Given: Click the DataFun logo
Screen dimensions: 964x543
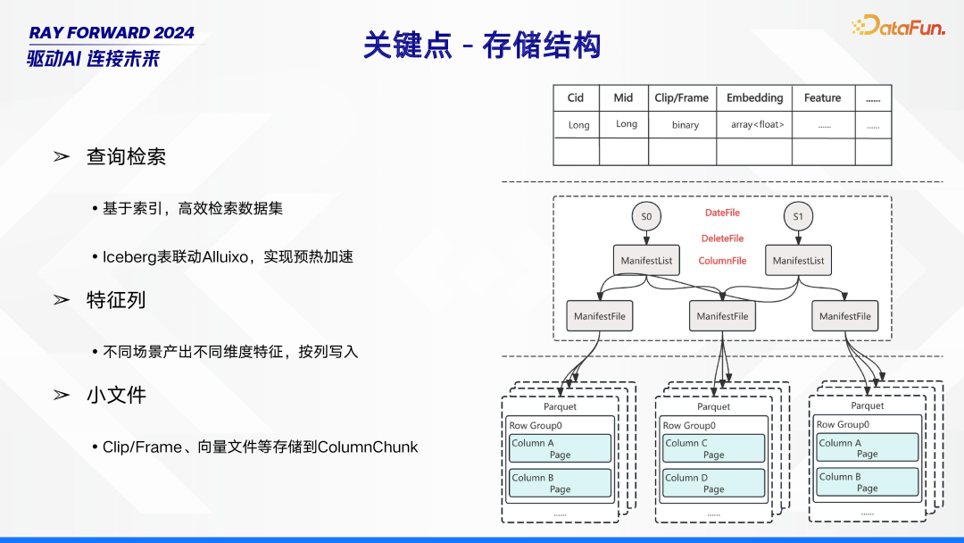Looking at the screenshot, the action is click(x=898, y=25).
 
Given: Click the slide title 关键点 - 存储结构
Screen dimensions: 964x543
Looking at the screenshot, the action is click(x=482, y=46).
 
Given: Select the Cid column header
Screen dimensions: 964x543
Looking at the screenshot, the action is click(x=576, y=97).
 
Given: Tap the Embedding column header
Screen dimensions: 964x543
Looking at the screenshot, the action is click(x=754, y=97).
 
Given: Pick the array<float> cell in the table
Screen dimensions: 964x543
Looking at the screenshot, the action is click(x=758, y=124).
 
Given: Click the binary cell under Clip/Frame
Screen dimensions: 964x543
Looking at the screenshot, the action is click(x=685, y=125).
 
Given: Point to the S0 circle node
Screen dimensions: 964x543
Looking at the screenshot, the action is click(x=646, y=216).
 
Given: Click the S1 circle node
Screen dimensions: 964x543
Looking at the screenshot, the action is click(x=798, y=216).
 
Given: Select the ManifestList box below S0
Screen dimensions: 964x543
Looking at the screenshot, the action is click(x=646, y=260).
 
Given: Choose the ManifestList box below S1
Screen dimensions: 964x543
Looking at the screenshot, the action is click(x=798, y=260).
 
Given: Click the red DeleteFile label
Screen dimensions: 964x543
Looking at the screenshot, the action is click(x=722, y=238).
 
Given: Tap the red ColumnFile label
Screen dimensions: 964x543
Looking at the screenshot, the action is click(x=722, y=261).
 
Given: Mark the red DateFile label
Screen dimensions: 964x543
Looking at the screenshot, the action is click(x=722, y=213).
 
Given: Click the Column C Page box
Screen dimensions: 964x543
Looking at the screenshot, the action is click(x=713, y=448).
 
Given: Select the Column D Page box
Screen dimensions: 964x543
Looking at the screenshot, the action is click(x=713, y=483).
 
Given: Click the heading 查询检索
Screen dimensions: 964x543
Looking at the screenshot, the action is click(x=126, y=156).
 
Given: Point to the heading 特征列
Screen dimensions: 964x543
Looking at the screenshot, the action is click(x=115, y=299).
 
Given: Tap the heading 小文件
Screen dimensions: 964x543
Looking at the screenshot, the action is click(x=116, y=395).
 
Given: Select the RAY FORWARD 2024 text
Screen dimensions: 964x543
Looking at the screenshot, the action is click(x=112, y=32).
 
